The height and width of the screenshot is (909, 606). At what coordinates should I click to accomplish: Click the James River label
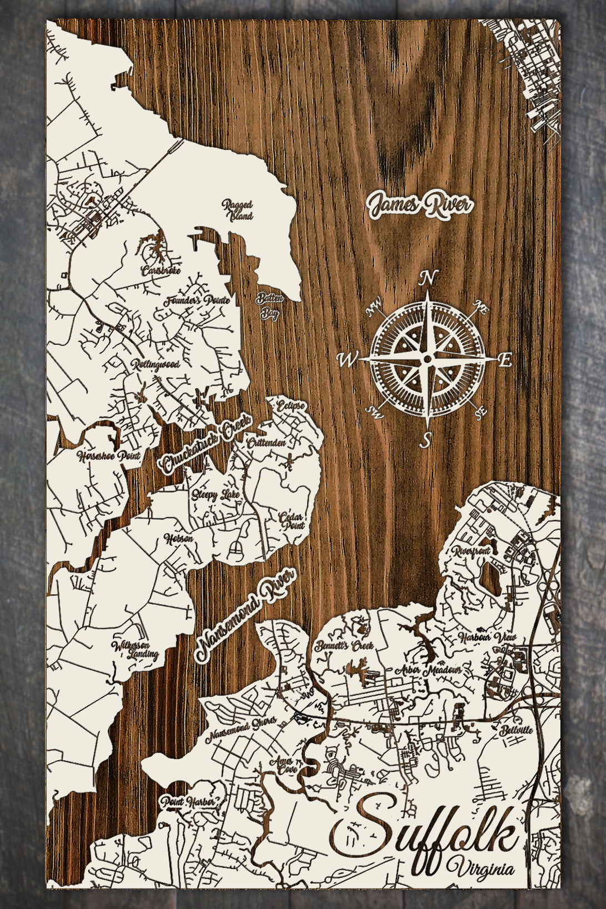[x=420, y=206]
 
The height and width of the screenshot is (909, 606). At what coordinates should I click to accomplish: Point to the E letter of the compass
[x=504, y=360]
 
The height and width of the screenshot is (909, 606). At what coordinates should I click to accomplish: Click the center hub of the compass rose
[x=427, y=359]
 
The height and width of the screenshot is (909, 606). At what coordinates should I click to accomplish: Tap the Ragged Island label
[x=238, y=210]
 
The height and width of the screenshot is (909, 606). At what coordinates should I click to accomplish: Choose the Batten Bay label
[x=269, y=306]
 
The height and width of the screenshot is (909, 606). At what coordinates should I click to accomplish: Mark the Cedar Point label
[x=292, y=520]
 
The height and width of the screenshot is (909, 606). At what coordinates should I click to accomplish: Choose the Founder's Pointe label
[x=197, y=302]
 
